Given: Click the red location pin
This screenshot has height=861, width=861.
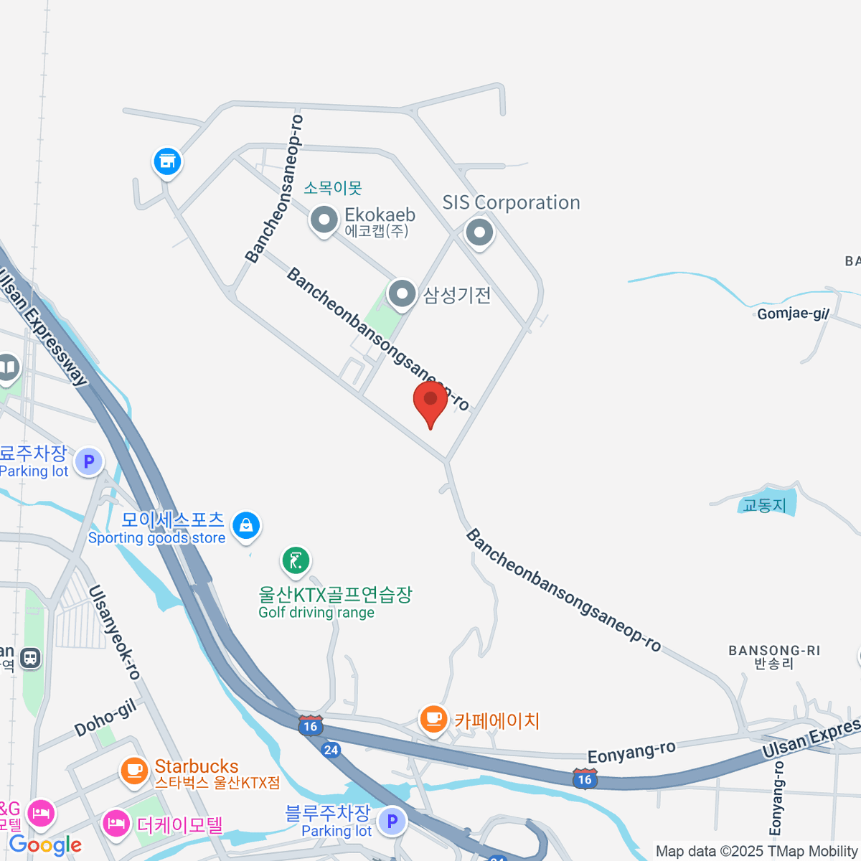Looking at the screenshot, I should click(430, 402).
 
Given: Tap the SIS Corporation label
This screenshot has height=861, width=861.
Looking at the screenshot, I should click(511, 203).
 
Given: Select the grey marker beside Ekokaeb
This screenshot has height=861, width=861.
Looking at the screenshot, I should click(324, 220).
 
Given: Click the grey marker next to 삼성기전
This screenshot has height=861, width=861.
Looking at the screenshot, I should click(402, 293).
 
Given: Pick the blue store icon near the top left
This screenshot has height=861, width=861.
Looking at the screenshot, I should click(167, 161).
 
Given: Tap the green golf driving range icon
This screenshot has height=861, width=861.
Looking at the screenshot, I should click(296, 560).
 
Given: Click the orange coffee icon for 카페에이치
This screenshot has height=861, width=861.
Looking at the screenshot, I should click(433, 718).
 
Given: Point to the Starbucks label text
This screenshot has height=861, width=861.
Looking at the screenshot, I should click(197, 766).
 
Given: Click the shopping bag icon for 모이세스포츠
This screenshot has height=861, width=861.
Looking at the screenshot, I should click(246, 525).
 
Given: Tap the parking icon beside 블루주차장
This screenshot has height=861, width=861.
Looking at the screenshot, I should click(392, 821).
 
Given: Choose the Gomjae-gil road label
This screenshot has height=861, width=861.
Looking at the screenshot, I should click(793, 314).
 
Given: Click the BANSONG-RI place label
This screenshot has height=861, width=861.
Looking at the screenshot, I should click(773, 651).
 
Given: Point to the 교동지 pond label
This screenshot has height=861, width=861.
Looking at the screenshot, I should click(764, 505).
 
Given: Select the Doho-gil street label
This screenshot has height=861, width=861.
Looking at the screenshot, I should click(105, 718).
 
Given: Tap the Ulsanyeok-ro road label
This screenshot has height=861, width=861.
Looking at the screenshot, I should click(114, 632).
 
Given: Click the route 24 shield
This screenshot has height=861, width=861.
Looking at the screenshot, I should click(330, 751).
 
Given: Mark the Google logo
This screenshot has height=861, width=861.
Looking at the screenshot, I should click(44, 845).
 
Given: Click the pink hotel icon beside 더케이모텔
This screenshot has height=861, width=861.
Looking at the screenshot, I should click(116, 823).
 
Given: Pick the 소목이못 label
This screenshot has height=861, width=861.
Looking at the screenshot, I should click(333, 188).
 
